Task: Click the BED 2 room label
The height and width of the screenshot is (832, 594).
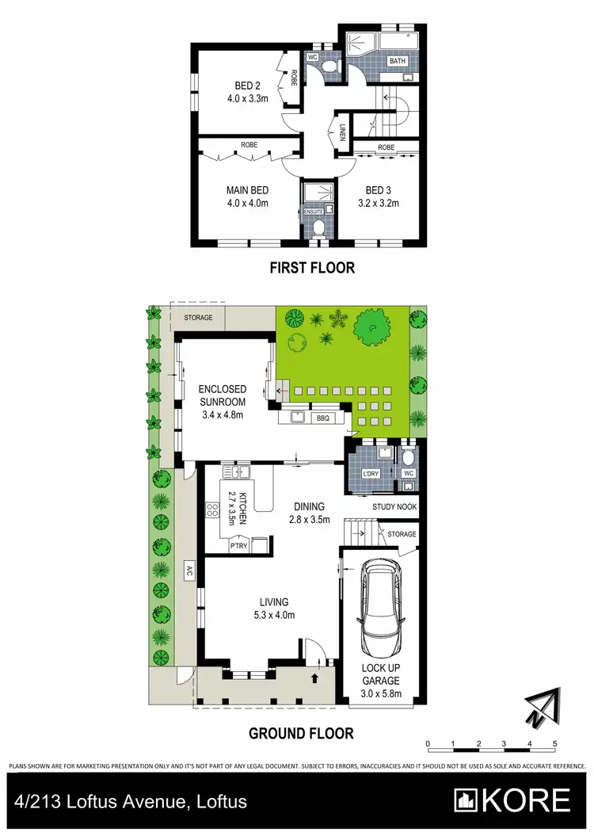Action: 247,86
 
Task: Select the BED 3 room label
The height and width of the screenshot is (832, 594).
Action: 377,189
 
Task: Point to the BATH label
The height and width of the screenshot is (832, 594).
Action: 396,61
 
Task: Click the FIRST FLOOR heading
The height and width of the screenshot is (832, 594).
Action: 312,268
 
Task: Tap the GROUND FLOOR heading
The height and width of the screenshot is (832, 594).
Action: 301,734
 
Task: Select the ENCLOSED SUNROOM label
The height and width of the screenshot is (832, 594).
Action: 222,395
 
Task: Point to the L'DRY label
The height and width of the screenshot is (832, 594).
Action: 371,474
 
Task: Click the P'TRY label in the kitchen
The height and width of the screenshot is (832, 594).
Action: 238,546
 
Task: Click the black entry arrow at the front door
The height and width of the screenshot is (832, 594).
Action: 317,678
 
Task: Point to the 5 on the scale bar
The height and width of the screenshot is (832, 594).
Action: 555,744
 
